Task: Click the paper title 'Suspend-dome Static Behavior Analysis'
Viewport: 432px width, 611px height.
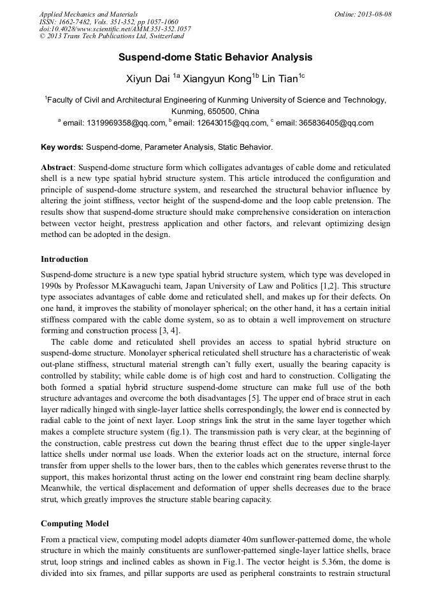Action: coord(215,57)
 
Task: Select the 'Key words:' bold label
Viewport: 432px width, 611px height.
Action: coord(62,147)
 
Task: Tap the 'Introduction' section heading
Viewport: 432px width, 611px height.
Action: coord(64,259)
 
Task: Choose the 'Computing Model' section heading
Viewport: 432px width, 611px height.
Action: coord(75,524)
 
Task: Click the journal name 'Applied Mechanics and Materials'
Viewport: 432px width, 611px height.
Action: coord(88,14)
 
